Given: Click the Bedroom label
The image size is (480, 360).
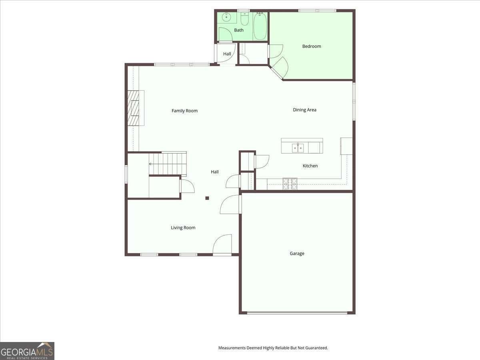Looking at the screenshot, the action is click(311, 46).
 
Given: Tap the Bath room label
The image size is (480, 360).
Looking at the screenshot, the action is click(238, 30).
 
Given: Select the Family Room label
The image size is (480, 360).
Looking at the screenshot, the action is click(184, 111).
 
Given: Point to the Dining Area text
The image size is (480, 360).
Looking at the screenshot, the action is click(304, 110).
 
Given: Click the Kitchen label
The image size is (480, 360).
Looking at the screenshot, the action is click(310, 166).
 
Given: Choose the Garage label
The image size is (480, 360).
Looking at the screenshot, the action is click(297, 254).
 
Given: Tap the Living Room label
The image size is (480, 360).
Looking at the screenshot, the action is click(183, 228).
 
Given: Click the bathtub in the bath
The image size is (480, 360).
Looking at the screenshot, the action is click(260, 26).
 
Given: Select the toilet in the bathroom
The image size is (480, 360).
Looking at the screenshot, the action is click(245, 19).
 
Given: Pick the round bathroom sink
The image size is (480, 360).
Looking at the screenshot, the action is click(226, 17).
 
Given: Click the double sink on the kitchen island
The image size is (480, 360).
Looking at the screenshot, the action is click(298, 148).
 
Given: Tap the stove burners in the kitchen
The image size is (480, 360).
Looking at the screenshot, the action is click(290, 184).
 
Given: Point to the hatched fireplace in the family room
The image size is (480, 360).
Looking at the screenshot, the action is click(133, 108).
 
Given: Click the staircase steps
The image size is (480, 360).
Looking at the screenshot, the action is click(168, 164).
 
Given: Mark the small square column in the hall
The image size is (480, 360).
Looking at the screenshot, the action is click(207, 198).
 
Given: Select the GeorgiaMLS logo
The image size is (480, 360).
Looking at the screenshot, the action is click(27, 351).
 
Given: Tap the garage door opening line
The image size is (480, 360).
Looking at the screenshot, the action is click(297, 313).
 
